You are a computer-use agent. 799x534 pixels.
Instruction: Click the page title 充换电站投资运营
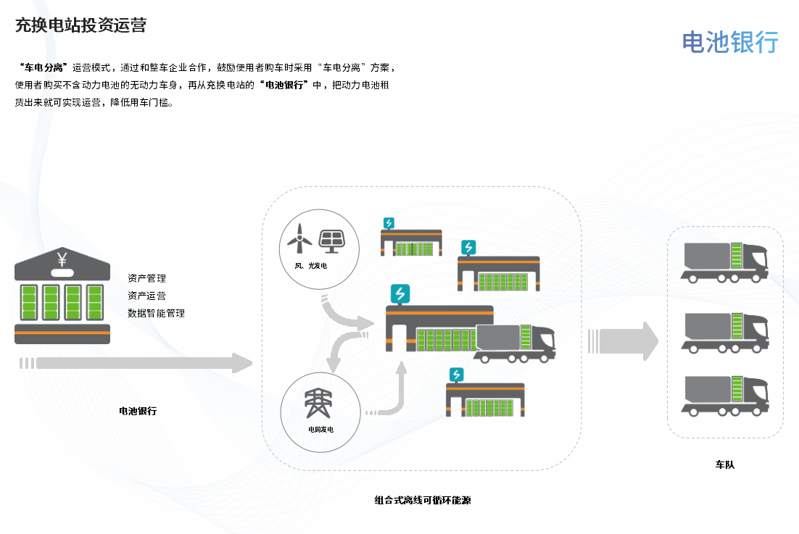pyautogui.click(x=80, y=25)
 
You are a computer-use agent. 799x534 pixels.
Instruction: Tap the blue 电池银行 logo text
pyautogui.click(x=730, y=42)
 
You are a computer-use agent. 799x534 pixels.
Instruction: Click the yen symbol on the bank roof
pyautogui.click(x=62, y=259)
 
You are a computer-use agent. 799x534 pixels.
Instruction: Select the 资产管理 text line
pyautogui.click(x=146, y=278)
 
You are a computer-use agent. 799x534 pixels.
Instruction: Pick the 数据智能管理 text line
pyautogui.click(x=156, y=314)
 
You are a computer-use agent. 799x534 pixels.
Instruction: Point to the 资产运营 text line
pyautogui.click(x=146, y=296)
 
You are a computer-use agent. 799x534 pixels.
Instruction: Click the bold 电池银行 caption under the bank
pyautogui.click(x=138, y=411)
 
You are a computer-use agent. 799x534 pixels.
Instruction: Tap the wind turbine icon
pyautogui.click(x=299, y=236)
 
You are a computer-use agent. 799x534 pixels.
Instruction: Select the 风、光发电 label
pyautogui.click(x=312, y=267)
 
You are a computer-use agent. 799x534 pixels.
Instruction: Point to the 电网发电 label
pyautogui.click(x=320, y=430)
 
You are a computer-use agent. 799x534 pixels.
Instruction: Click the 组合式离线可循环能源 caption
pyautogui.click(x=423, y=500)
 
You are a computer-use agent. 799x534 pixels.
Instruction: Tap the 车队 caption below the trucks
pyautogui.click(x=725, y=464)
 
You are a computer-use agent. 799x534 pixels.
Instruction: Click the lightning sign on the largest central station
pyautogui.click(x=399, y=293)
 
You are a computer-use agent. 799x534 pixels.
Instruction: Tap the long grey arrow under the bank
pyautogui.click(x=138, y=363)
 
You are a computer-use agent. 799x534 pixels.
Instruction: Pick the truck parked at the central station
pyautogui.click(x=516, y=343)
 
